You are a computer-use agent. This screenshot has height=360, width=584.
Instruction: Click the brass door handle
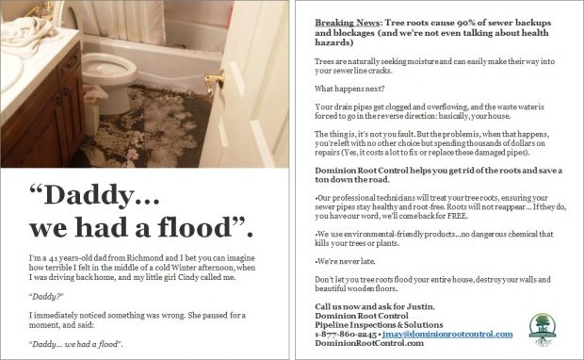215,81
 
